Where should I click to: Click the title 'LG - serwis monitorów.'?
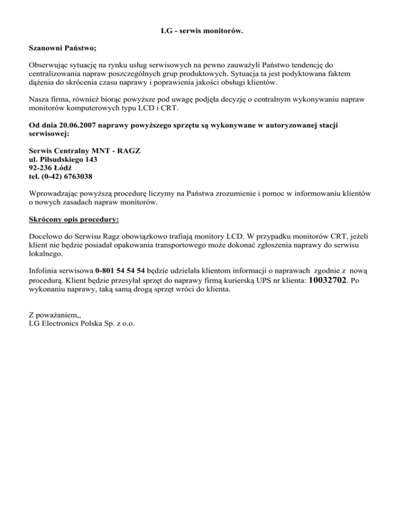[201, 32]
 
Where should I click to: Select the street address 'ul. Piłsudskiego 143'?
[63, 158]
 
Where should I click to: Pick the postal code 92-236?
[41, 167]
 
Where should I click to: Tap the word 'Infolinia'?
[44, 272]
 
